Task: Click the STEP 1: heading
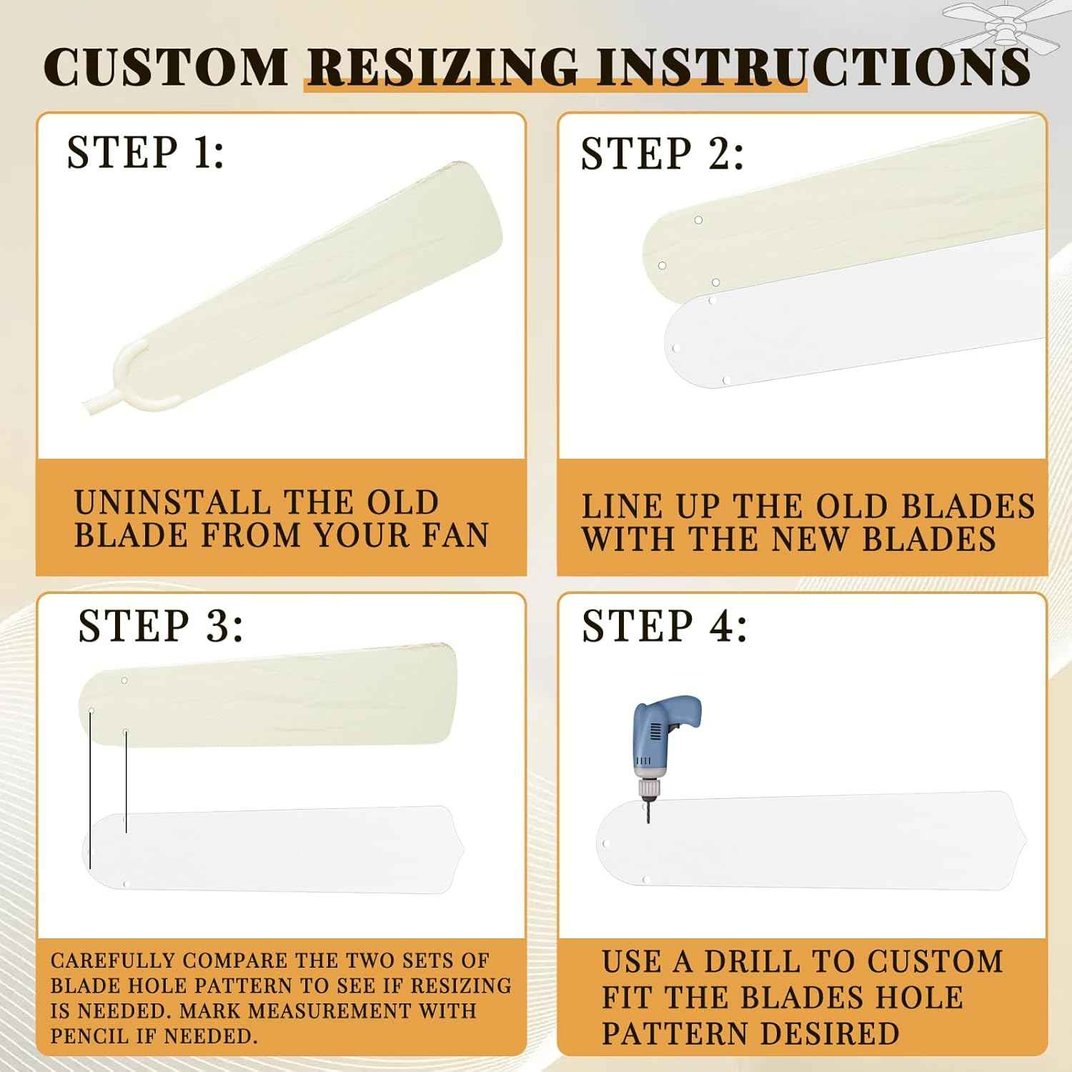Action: [x=146, y=152]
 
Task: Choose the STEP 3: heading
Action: [x=161, y=626]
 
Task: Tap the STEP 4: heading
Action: [x=665, y=626]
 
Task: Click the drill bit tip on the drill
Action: [x=648, y=822]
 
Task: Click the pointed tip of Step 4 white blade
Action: [x=1026, y=839]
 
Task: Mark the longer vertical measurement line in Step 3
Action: [x=90, y=790]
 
